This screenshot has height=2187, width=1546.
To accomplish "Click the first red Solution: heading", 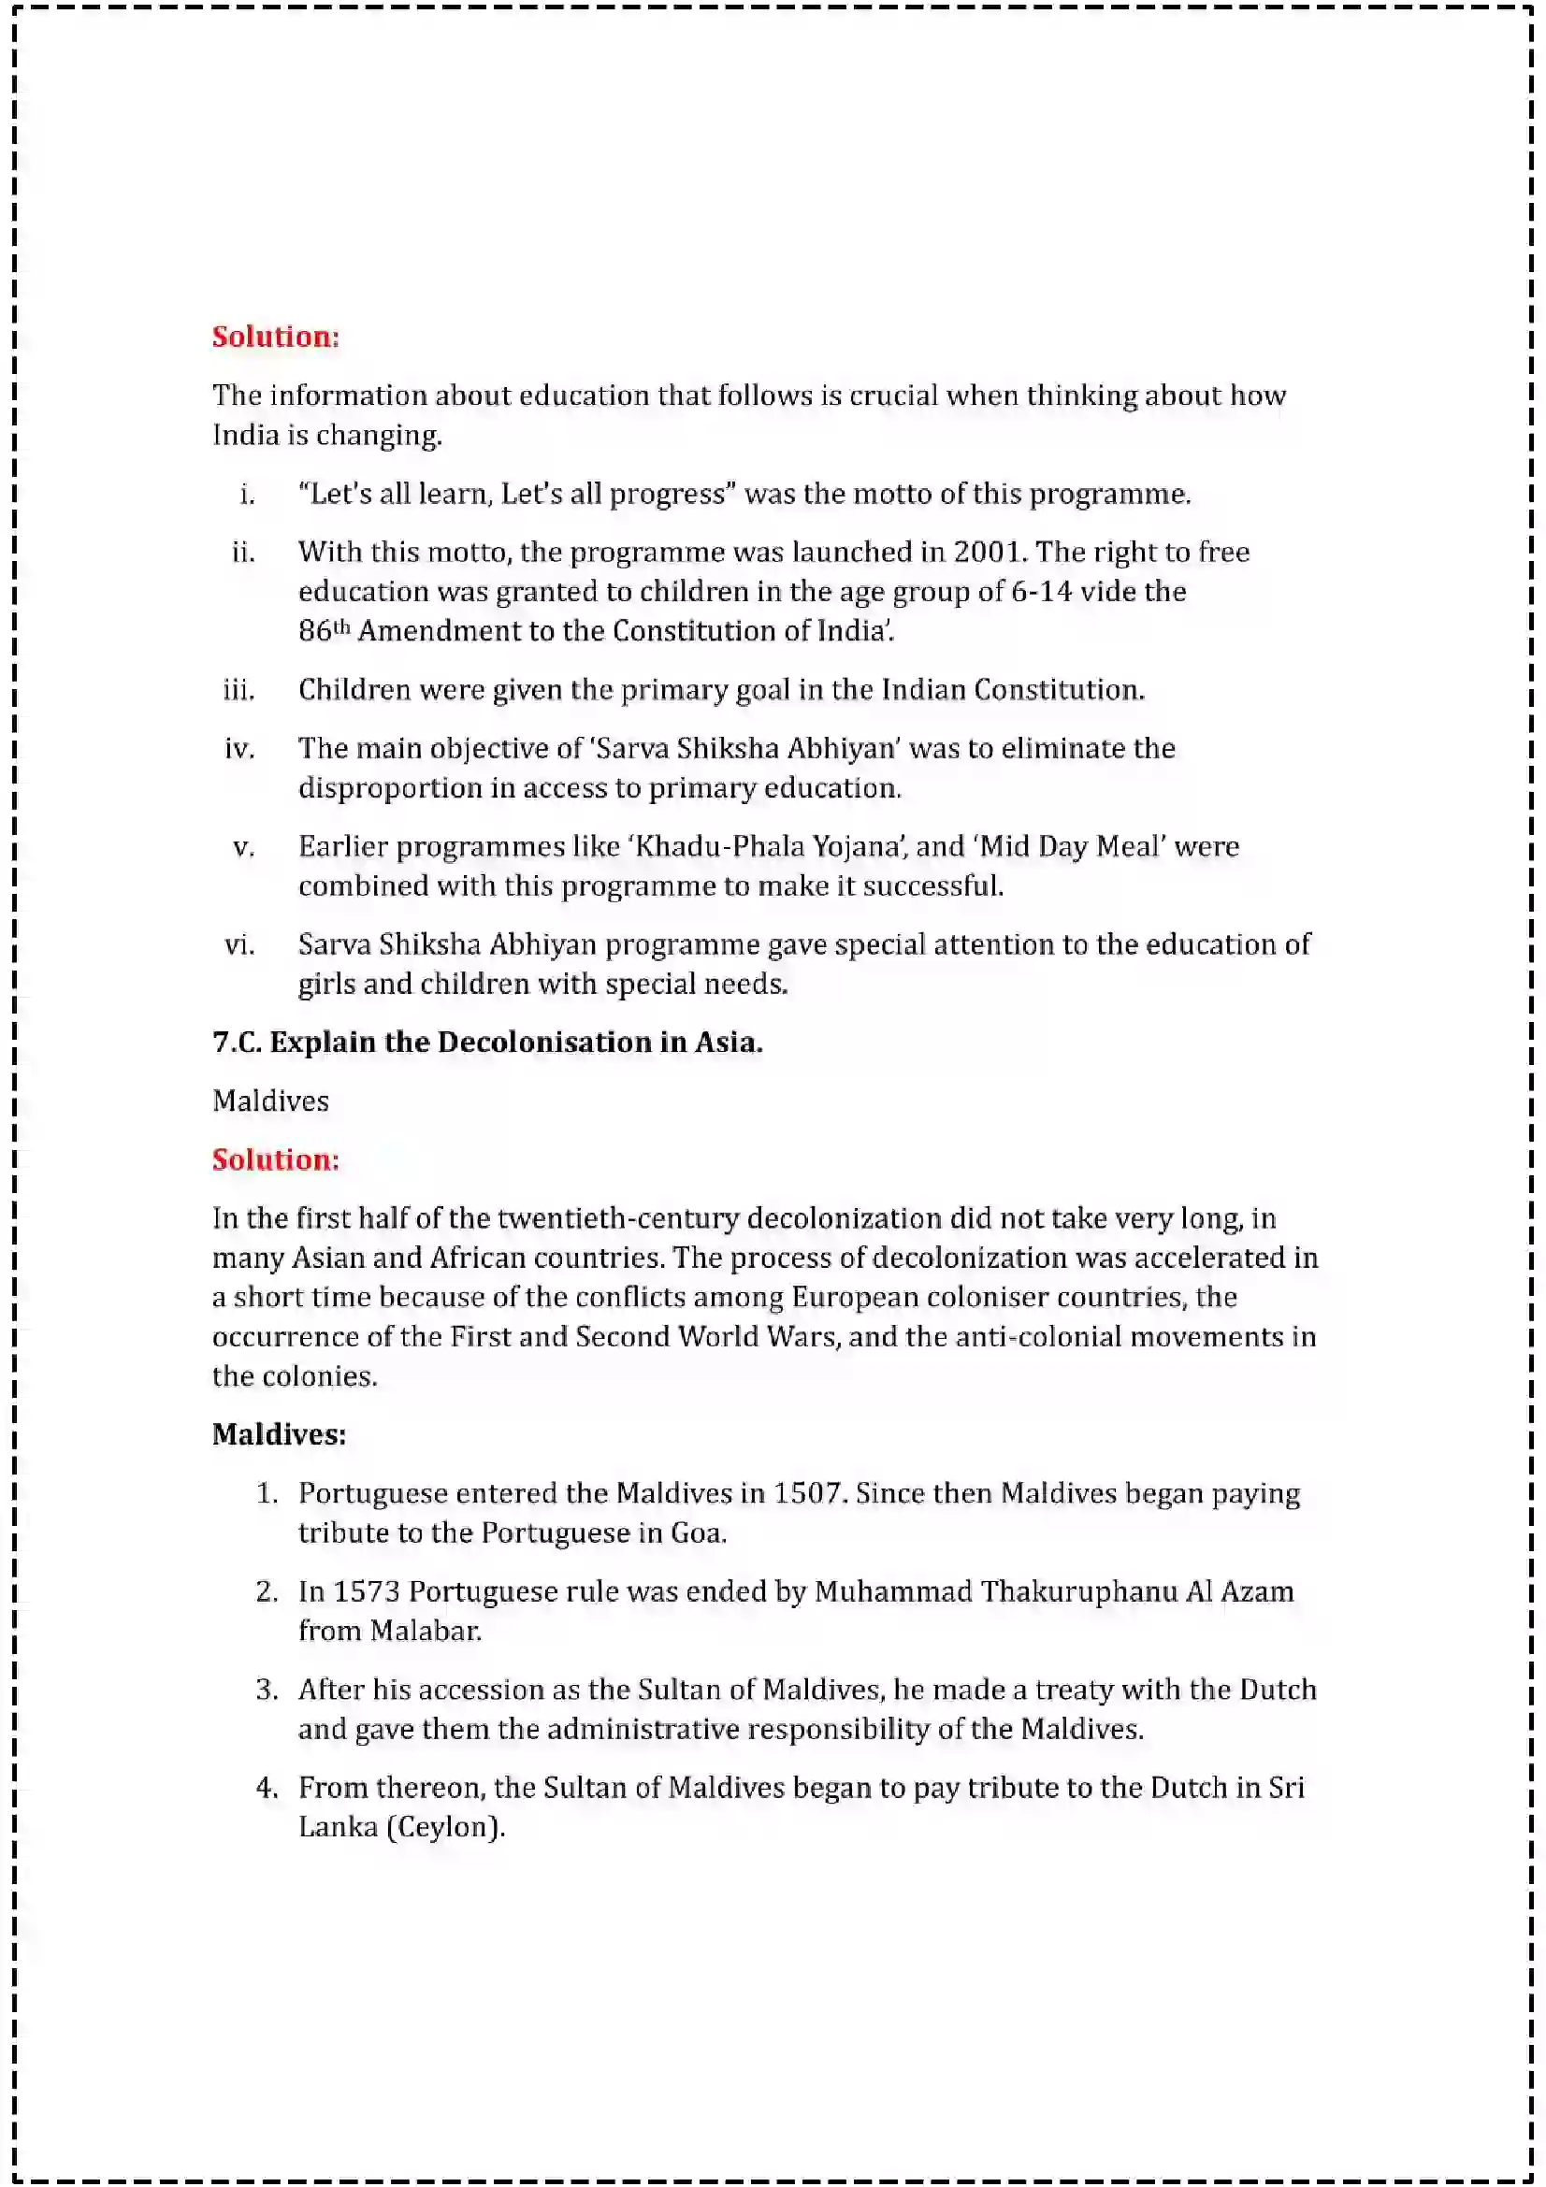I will click(275, 337).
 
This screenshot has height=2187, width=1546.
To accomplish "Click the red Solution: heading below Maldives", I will click(275, 1159).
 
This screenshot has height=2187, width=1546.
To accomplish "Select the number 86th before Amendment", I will click(324, 630).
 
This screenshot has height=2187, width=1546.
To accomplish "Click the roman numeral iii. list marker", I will click(239, 690).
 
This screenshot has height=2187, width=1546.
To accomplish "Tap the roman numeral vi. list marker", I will click(239, 944).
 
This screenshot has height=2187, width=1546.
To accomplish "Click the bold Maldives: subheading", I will click(278, 1433).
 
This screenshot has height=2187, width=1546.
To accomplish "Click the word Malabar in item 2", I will click(425, 1631).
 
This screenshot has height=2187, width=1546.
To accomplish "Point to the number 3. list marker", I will click(267, 1689).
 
